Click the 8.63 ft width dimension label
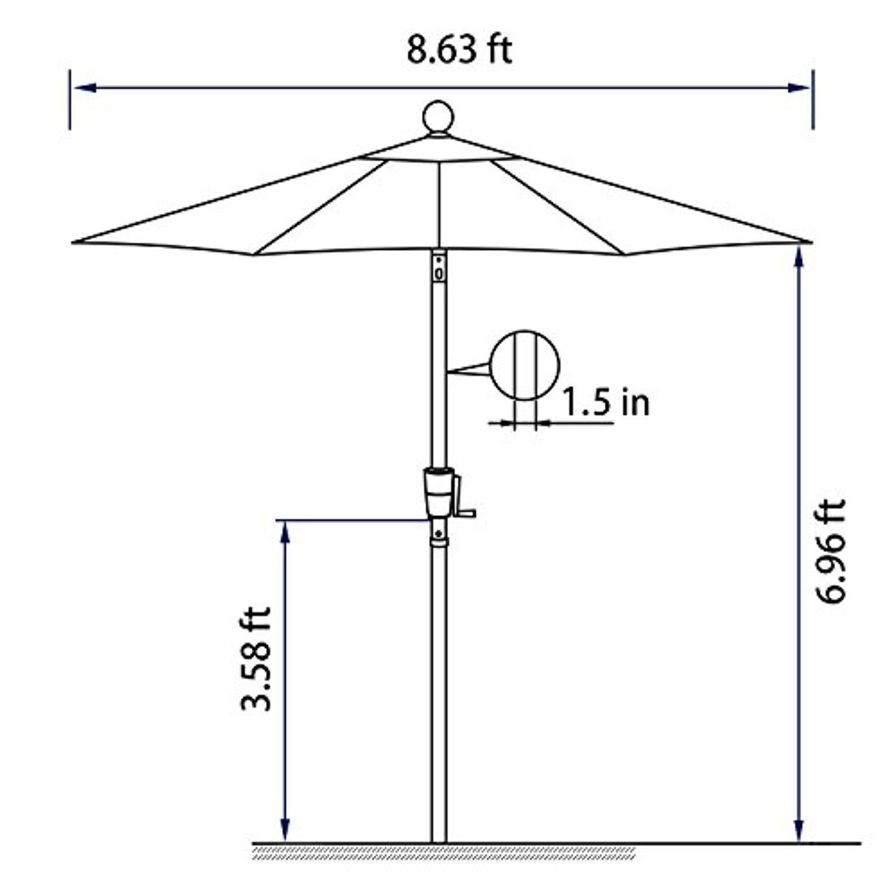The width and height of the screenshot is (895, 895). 459,50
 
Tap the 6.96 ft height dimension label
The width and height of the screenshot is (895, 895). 831,552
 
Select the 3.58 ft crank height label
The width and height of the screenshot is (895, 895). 256,659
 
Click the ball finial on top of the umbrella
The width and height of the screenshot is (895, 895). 439,116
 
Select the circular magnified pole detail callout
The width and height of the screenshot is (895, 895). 524,365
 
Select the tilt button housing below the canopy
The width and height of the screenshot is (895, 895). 439,267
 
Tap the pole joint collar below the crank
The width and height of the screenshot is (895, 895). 439,541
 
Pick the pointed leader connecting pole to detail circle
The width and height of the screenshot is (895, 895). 468,370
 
